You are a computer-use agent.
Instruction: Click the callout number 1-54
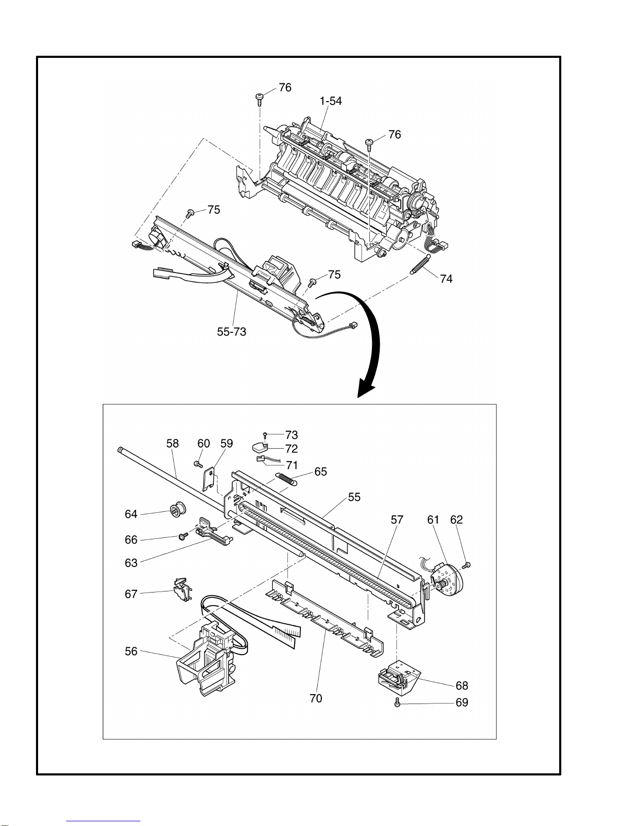pyautogui.click(x=331, y=101)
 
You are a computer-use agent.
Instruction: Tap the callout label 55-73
pyautogui.click(x=232, y=332)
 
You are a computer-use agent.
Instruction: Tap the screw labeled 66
pyautogui.click(x=184, y=536)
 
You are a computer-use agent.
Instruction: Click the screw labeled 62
pyautogui.click(x=467, y=565)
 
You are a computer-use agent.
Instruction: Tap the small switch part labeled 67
pyautogui.click(x=182, y=590)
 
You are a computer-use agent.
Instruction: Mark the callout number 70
pyautogui.click(x=316, y=698)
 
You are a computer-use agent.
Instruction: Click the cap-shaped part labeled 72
pyautogui.click(x=260, y=448)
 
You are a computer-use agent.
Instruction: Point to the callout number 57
pyautogui.click(x=397, y=520)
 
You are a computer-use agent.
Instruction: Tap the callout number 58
pyautogui.click(x=172, y=443)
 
